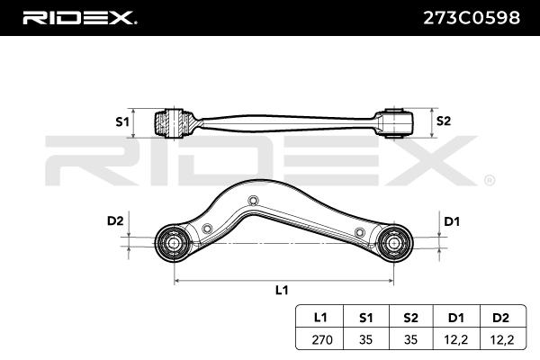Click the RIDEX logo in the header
tap(78, 16)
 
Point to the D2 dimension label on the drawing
tap(114, 220)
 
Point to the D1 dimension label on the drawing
tap(453, 220)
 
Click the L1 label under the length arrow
tap(281, 290)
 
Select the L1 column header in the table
tap(319, 316)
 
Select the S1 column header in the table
tap(364, 316)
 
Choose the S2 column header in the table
tap(410, 316)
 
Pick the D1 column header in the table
tap(455, 316)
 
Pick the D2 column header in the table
tap(501, 316)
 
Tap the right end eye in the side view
tap(396, 121)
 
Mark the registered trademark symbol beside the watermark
tap(488, 180)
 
